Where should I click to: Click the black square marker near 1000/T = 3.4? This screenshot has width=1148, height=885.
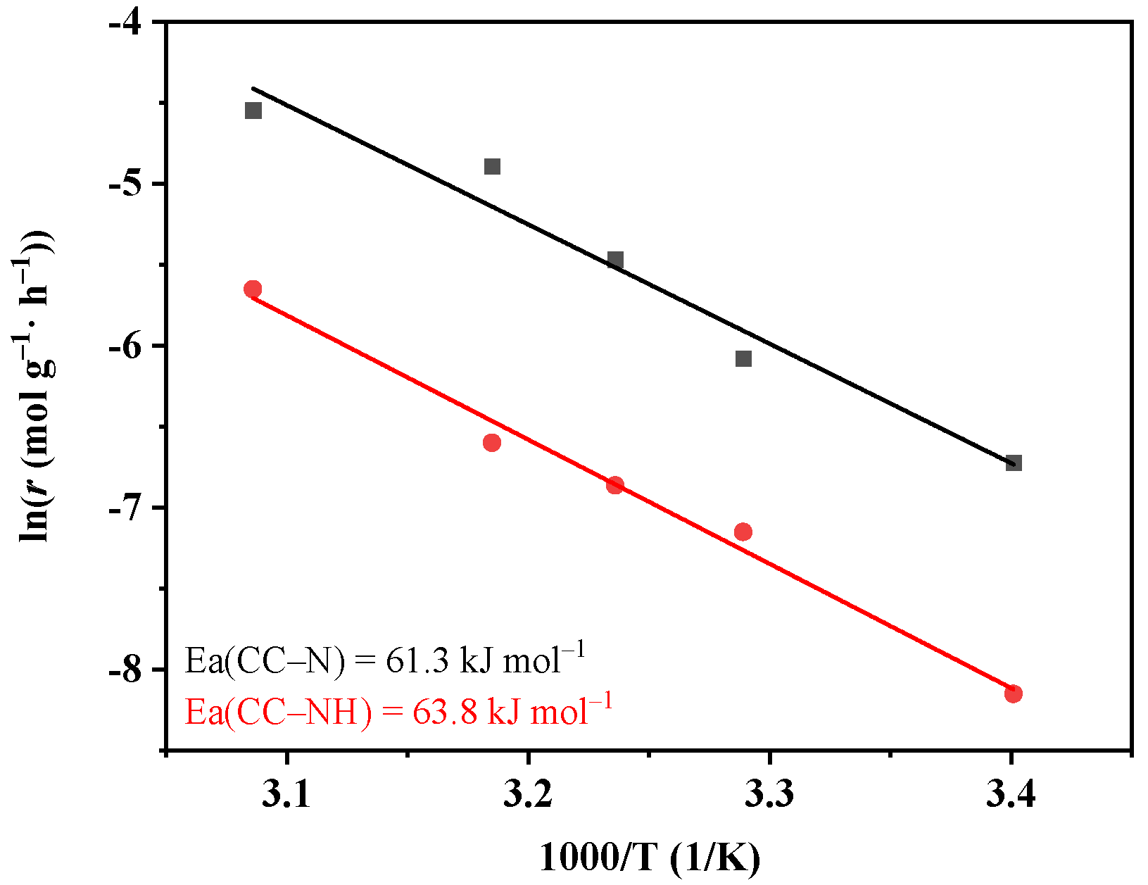point(1014,463)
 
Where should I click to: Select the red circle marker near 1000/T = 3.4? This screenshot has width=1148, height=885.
point(1014,693)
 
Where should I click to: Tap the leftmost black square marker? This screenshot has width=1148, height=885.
point(253,111)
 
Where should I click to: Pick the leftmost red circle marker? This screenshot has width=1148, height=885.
point(253,289)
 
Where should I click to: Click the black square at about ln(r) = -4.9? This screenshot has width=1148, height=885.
point(492,167)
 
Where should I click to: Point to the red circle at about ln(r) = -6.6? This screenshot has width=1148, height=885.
point(492,443)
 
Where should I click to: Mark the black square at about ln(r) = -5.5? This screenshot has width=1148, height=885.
point(615,260)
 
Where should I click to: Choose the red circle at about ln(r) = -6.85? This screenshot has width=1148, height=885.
point(615,484)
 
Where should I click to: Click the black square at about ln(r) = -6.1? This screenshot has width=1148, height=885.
point(743,359)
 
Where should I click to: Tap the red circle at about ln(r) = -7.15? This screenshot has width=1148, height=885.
point(743,532)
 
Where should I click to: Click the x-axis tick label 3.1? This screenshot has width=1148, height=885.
point(286,794)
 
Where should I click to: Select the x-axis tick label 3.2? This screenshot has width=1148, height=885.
point(528,794)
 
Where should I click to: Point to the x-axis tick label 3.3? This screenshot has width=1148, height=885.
point(769,794)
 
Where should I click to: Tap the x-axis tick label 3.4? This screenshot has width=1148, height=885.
point(1011,794)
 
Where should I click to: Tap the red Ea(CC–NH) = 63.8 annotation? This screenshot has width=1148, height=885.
point(398,711)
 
